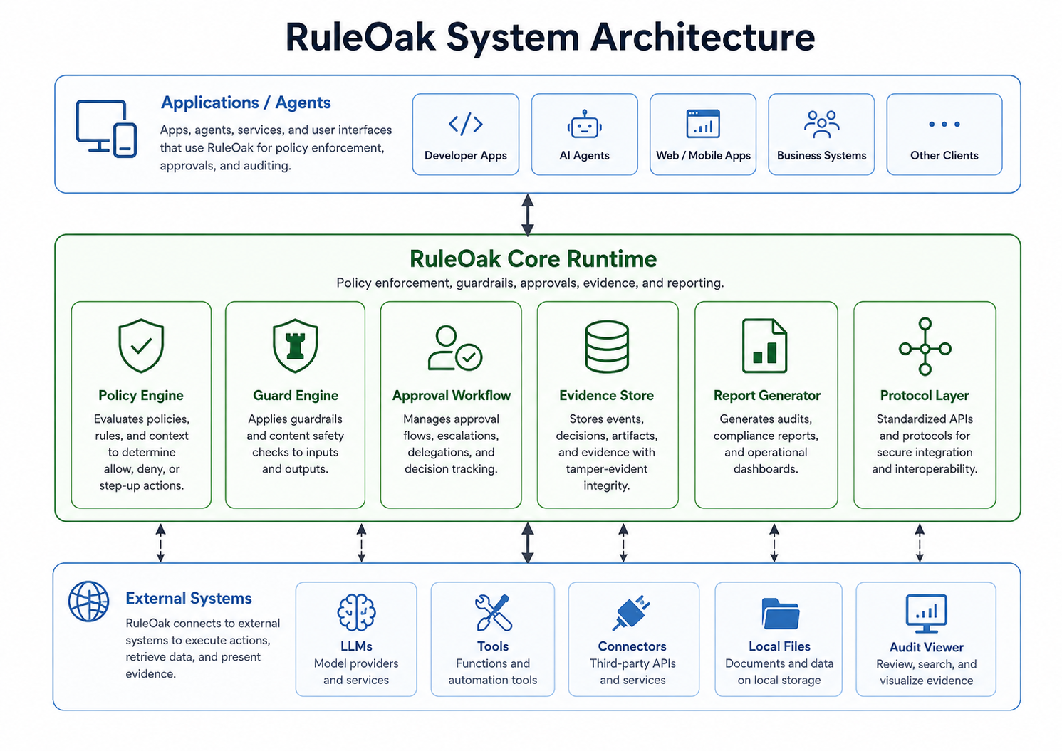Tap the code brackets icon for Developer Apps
[466, 124]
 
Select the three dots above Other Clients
[944, 124]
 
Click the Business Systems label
[821, 155]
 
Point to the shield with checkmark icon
[141, 345]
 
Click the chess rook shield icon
[295, 345]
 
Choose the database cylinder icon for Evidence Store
[607, 347]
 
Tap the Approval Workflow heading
[452, 395]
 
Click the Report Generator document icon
[764, 346]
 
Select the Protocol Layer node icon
[925, 347]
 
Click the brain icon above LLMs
[356, 612]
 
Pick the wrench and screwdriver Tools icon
[493, 612]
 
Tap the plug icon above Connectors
[631, 613]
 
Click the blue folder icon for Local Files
[780, 614]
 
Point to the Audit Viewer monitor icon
[926, 614]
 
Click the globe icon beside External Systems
[88, 601]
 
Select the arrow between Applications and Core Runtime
[527, 215]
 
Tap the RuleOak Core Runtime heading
[533, 258]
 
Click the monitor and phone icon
[106, 128]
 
